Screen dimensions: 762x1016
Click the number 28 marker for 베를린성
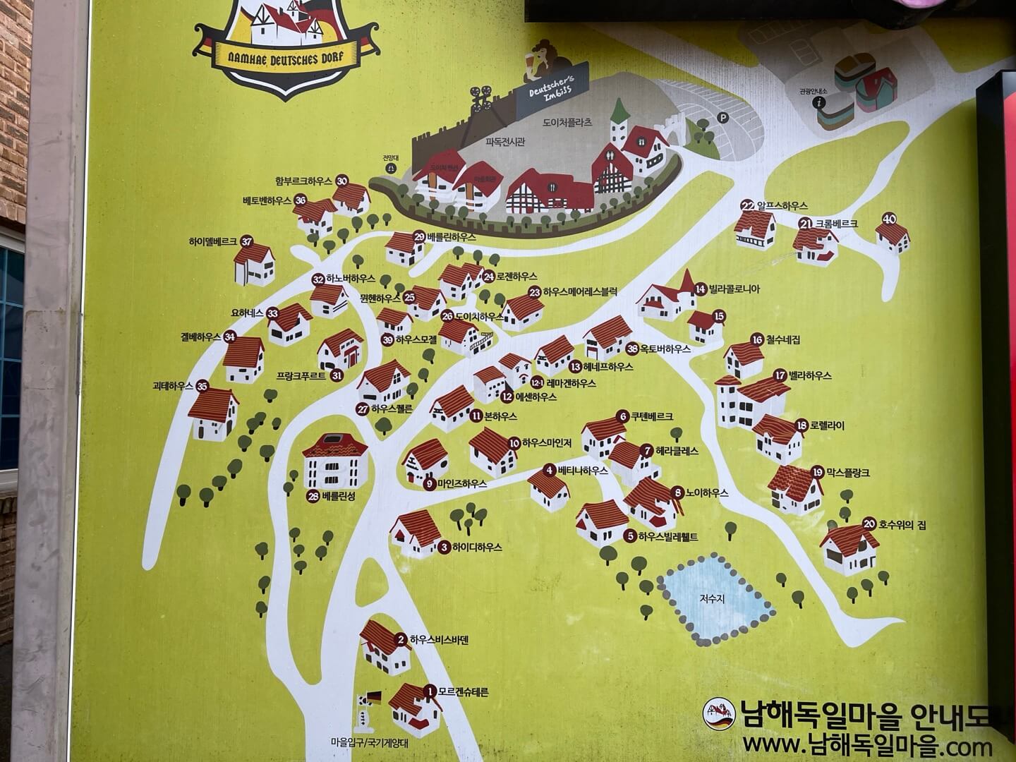tap(313, 496)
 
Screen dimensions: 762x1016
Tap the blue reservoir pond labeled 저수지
tap(715, 598)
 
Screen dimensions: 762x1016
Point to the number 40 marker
tap(889, 219)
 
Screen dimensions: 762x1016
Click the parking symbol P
tap(722, 118)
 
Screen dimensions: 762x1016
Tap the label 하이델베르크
tap(212, 241)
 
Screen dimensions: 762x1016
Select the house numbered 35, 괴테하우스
tap(212, 415)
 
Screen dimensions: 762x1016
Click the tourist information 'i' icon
tap(820, 102)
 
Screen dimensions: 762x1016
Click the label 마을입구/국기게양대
tap(369, 743)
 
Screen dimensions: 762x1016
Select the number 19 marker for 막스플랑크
tap(818, 472)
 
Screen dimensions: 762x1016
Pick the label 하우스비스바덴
tap(439, 640)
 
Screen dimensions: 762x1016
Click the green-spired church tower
tap(619, 123)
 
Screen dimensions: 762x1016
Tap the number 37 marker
tap(246, 241)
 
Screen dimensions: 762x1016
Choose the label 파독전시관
tap(505, 142)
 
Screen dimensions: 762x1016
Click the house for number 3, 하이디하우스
tap(416, 533)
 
